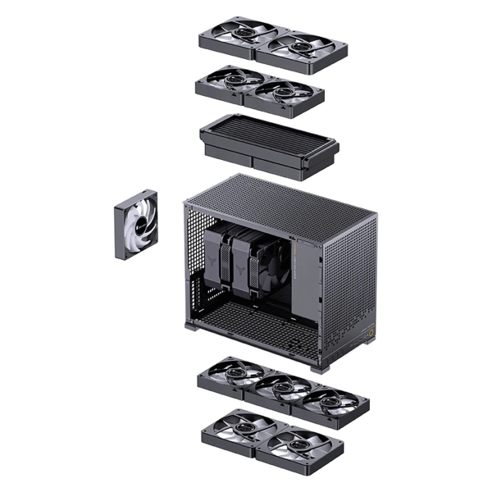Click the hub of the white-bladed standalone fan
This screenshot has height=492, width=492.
136,222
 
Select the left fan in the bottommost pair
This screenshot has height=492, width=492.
237,427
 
